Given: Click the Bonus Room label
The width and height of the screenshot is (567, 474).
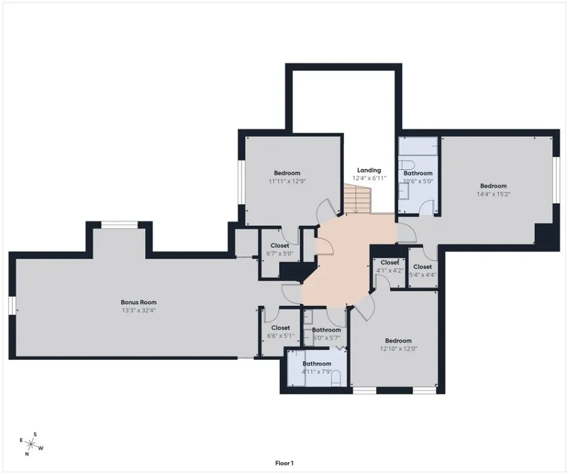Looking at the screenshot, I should pos(138,302).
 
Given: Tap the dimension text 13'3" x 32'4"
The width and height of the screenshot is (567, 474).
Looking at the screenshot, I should pos(138,310).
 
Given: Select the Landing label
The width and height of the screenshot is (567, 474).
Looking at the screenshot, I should pos(369,170).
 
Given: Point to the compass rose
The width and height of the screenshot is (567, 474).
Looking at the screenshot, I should pos(31,444).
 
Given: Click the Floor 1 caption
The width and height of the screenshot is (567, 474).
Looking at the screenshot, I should pos(284,462).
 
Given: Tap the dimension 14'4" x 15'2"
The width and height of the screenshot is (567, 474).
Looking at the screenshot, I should pos(493,194).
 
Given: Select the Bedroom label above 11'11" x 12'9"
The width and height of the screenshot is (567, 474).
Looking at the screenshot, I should pos(287,173).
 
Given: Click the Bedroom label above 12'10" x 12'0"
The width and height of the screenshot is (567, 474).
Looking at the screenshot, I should pos(398,341).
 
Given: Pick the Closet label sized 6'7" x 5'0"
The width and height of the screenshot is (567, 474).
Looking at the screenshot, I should pos(280,246).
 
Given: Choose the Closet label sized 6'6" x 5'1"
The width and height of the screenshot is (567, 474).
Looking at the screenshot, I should pos(280,328).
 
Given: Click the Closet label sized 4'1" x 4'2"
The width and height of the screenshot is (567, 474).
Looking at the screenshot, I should pos(390,262).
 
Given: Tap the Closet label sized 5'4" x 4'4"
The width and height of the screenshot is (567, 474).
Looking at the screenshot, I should pos(422,267).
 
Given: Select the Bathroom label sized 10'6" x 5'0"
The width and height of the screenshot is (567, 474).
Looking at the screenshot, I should pos(418,173).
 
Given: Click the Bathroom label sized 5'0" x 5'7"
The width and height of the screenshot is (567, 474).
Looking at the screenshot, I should pos(326,330).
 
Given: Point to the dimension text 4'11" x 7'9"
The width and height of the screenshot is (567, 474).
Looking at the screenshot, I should pos(316,372).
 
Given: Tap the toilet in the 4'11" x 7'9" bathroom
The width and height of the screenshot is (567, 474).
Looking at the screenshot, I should pos(337,380).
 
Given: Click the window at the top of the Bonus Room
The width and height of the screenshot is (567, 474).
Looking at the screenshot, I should pos(119,225).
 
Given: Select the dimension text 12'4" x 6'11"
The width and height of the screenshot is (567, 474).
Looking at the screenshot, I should pos(369,178).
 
